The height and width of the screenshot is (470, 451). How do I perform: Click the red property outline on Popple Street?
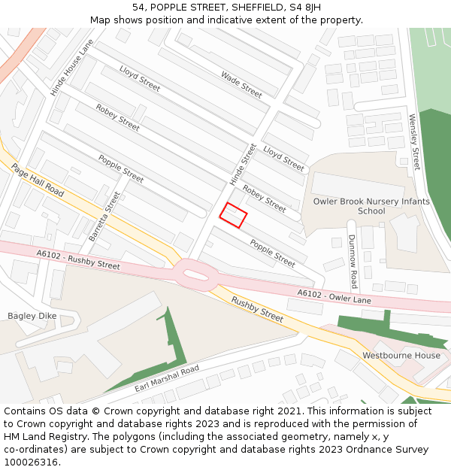tap(233, 215)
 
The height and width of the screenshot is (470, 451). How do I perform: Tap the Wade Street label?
tap(241, 84)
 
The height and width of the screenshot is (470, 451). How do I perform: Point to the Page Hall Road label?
tap(38, 180)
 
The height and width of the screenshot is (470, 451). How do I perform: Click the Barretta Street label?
tap(104, 217)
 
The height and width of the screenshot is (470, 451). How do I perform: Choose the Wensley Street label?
tap(414, 141)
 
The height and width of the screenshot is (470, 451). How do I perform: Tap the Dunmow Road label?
tap(353, 261)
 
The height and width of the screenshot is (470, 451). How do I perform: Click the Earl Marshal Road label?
tap(166, 379)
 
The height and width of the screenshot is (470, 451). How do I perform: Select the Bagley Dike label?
tap(32, 317)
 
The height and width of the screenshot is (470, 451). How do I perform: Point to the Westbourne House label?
tap(401, 355)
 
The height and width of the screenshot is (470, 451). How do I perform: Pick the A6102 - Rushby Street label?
tap(78, 260)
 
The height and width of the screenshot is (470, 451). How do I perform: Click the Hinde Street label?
tap(243, 165)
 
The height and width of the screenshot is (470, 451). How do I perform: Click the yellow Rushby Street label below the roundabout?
tap(257, 309)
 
